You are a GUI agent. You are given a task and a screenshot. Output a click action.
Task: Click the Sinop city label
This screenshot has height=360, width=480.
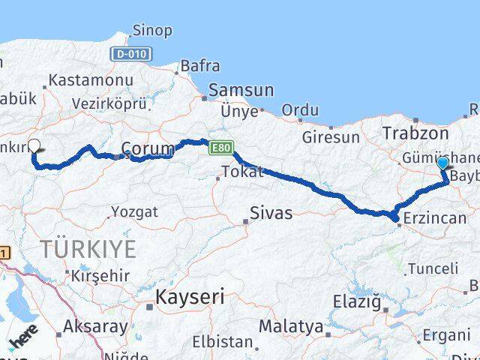151,31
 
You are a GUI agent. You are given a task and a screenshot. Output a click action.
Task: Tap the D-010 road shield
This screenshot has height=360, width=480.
133,54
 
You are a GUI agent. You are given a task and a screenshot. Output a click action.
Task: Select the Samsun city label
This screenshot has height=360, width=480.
237,90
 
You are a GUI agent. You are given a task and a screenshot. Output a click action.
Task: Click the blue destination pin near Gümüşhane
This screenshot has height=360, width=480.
442,163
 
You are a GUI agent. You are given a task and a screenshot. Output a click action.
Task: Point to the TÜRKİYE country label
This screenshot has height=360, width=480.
88,248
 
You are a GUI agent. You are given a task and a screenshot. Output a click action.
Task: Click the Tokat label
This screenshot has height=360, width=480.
244,172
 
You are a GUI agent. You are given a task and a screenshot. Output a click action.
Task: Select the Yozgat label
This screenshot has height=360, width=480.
135,212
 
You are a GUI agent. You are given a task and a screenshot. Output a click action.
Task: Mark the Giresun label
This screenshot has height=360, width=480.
331,137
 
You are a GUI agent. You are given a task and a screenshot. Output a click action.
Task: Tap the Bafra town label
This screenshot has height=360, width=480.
198,67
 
